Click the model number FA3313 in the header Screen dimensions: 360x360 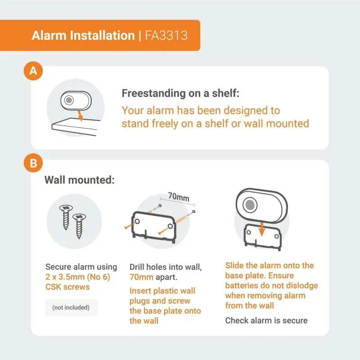pos(166,36)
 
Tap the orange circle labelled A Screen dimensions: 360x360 pos(33,71)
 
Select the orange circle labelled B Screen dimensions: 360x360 pos(33,163)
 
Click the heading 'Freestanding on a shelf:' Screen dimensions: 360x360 pos(180,93)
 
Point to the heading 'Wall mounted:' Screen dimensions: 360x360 pos(80,180)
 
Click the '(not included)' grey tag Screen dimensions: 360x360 pos(71,307)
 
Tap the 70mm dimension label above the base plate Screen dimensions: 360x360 pos(179,197)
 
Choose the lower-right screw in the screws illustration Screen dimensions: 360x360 pos(79,226)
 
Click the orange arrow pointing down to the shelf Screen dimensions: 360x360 pos(80,116)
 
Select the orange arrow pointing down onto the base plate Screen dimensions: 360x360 pos(261,229)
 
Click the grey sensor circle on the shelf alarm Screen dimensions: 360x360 pos(69,100)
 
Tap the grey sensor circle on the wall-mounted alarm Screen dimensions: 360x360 pos(250,205)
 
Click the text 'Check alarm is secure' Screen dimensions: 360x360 pos(266,320)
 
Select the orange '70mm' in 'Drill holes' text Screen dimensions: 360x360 pos(141,277)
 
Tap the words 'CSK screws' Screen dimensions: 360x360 pos(67,287)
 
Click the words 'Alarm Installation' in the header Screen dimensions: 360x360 pos(83,36)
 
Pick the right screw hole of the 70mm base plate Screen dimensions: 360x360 pos(171,226)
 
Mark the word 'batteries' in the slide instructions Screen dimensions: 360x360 pos(243,285)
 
